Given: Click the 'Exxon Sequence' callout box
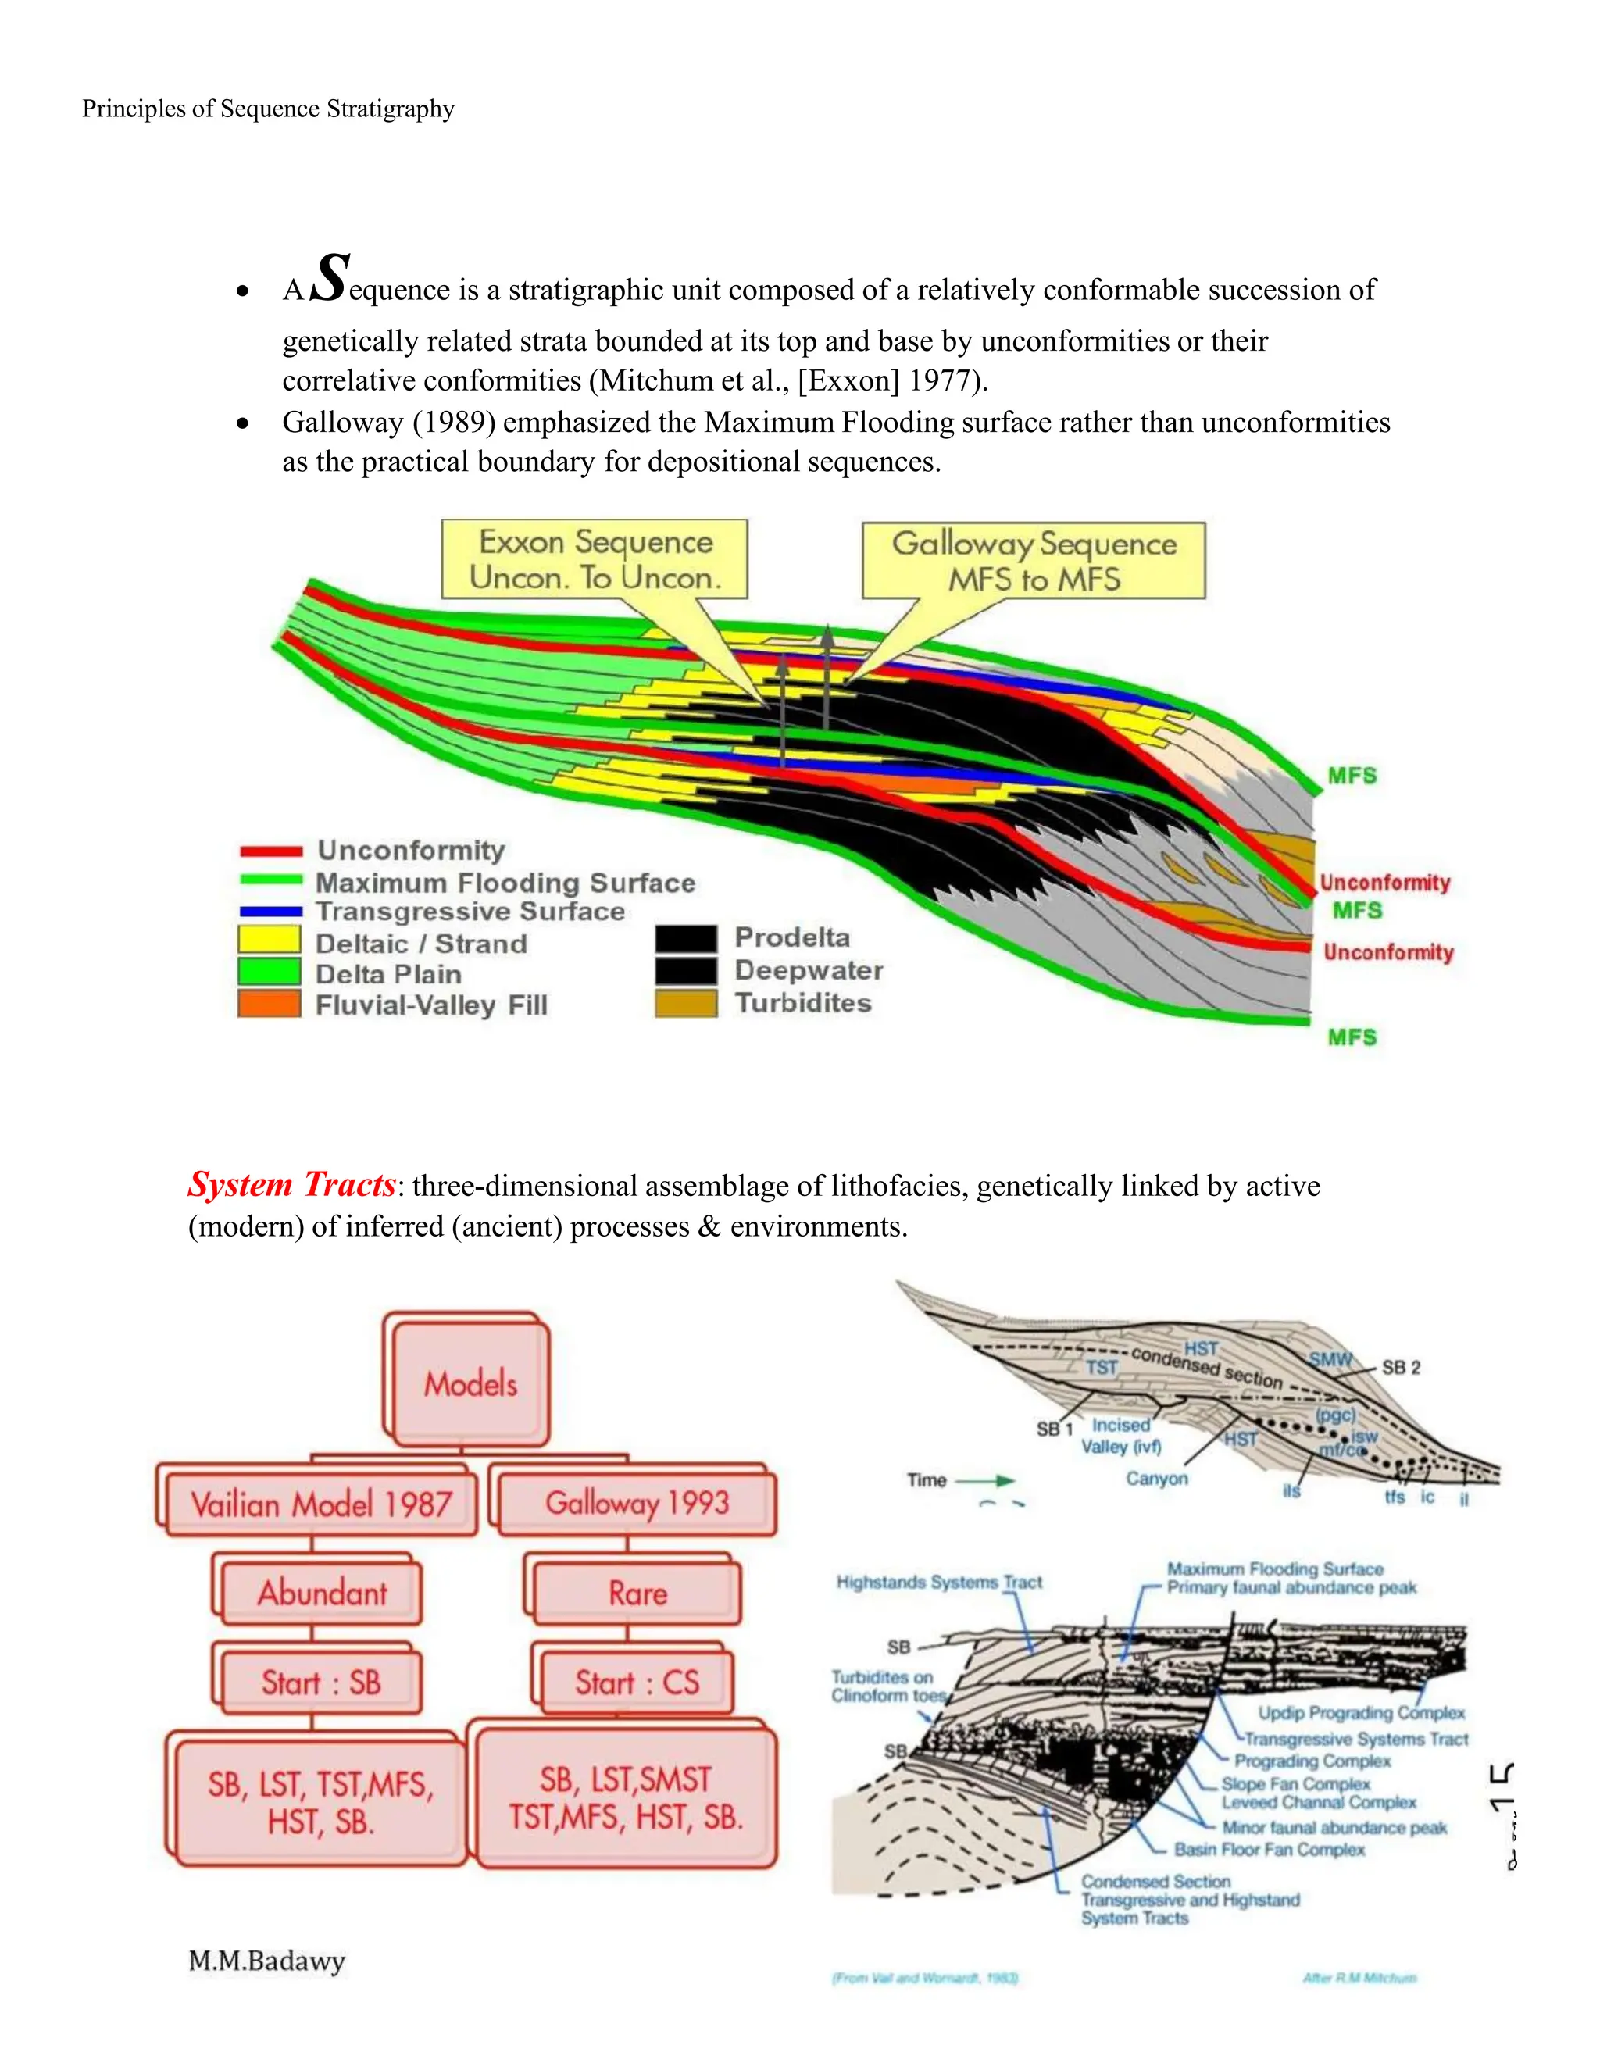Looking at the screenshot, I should pyautogui.click(x=595, y=559).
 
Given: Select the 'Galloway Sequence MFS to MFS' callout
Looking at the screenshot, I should pyautogui.click(x=1033, y=561).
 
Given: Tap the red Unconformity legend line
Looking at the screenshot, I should pyautogui.click(x=271, y=851).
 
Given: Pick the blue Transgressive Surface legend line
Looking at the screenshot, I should pyautogui.click(x=271, y=912).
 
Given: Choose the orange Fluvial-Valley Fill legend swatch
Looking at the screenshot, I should pyautogui.click(x=270, y=1004).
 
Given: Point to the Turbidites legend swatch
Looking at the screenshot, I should pyautogui.click(x=685, y=1003).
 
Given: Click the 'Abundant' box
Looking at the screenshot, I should pyautogui.click(x=321, y=1592).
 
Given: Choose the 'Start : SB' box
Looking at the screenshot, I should pyautogui.click(x=320, y=1683).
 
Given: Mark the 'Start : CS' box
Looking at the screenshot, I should pyautogui.click(x=637, y=1683).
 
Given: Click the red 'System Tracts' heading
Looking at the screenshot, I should pyautogui.click(x=291, y=1185).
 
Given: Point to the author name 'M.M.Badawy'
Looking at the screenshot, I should pyautogui.click(x=266, y=1960).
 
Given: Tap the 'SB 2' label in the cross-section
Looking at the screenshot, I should pyautogui.click(x=1400, y=1368).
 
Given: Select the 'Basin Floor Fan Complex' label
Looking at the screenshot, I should pyautogui.click(x=1270, y=1849).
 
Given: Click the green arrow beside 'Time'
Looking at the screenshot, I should pyautogui.click(x=986, y=1480).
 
